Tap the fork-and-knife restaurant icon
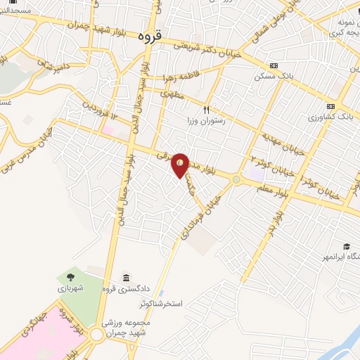tap(207, 109)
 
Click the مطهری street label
tap(172, 91)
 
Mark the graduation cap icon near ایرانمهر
tap(346, 246)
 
